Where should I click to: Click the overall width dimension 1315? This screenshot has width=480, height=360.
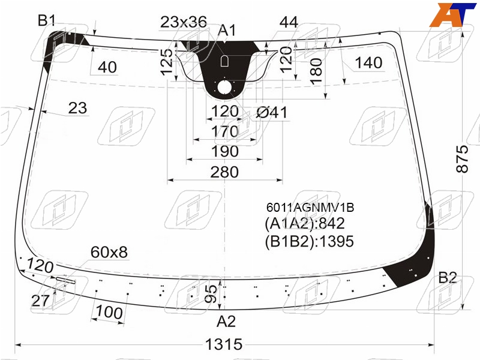pos(224,344)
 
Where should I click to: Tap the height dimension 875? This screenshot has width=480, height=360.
pos(462,159)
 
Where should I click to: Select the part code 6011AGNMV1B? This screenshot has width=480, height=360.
pos(310,208)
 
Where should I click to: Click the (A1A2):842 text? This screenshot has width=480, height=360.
pos(305,223)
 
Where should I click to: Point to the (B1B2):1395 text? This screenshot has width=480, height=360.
pos(309,241)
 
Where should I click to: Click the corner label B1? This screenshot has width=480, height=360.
pos(47,20)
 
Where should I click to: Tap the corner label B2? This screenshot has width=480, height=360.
pos(448,278)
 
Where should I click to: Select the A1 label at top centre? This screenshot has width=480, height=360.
pos(227,31)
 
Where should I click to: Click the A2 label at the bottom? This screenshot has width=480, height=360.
pos(226,322)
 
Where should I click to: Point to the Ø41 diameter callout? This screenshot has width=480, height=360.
pos(272,112)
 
